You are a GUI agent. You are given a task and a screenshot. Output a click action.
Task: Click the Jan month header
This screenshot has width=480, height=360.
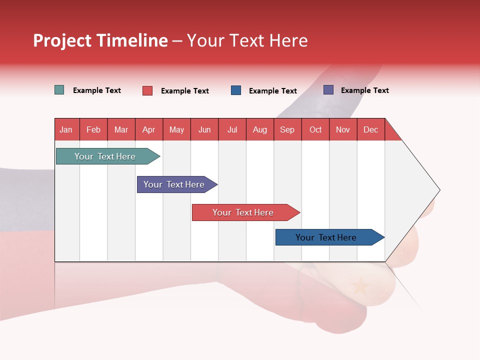click(x=66, y=129)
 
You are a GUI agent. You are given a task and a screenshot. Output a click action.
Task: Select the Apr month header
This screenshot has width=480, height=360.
click(x=149, y=129)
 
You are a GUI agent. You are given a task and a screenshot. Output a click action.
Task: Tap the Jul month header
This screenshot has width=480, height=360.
click(x=232, y=129)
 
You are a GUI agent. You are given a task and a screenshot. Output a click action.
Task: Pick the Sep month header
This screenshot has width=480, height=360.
click(x=287, y=129)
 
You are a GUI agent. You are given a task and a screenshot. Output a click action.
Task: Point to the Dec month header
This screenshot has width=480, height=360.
click(x=370, y=129)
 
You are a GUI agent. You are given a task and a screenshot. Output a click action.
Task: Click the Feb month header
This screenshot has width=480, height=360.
click(x=93, y=129)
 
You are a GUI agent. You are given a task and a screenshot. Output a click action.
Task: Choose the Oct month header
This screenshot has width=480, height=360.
click(x=315, y=129)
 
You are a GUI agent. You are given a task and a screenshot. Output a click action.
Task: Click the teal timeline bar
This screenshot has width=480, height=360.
click(x=105, y=156)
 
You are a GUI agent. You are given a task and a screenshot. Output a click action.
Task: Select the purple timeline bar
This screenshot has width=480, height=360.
click(x=174, y=184)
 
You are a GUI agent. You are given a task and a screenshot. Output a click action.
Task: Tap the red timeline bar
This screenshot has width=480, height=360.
click(x=243, y=212)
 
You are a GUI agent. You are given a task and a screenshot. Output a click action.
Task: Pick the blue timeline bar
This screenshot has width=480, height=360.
click(x=326, y=237)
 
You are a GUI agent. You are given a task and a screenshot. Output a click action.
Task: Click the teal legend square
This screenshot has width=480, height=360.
click(x=59, y=90)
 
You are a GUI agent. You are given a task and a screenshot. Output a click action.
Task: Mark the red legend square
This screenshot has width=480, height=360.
click(x=147, y=90)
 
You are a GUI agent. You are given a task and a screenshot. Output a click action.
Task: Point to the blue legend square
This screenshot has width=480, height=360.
click(x=236, y=90)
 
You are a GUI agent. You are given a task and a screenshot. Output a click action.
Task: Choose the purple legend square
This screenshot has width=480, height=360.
click(x=328, y=90)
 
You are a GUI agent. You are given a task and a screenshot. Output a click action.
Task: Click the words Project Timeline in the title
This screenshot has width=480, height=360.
click(x=100, y=40)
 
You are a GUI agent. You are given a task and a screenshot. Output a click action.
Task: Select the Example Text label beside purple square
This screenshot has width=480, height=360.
click(x=364, y=90)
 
